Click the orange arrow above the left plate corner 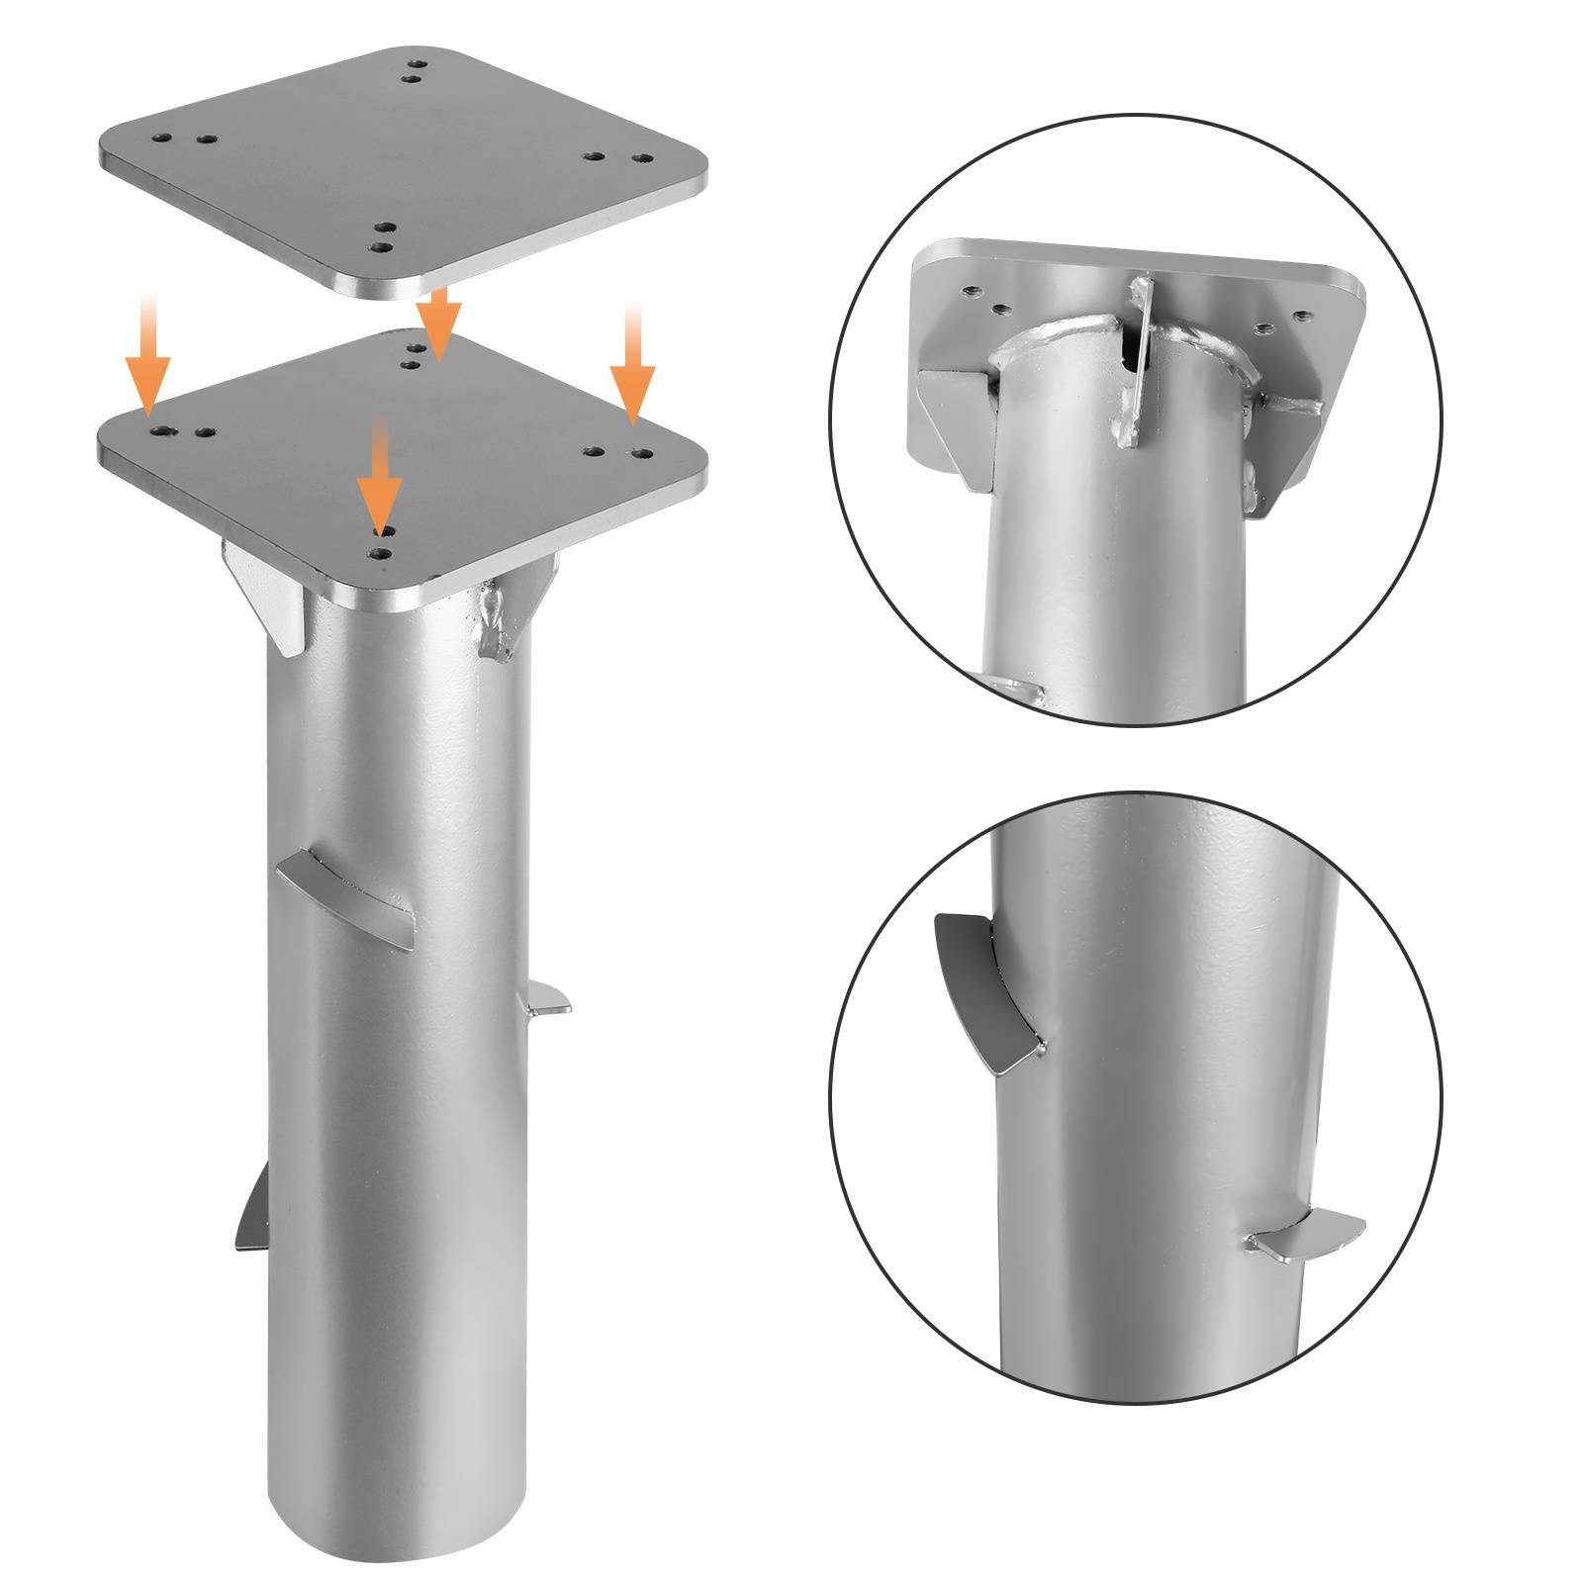pyautogui.click(x=147, y=354)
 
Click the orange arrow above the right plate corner pyautogui.click(x=632, y=364)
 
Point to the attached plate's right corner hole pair pyautogui.click(x=619, y=451)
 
